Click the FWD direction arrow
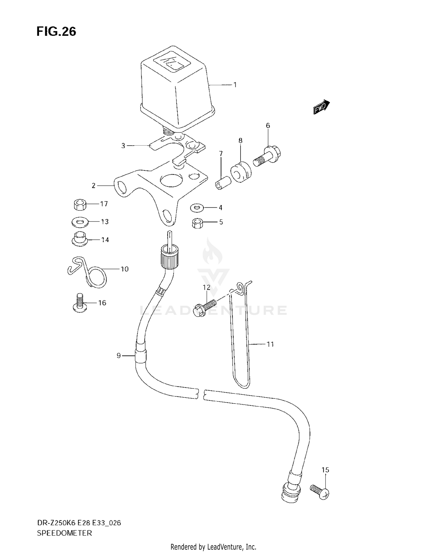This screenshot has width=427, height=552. point(321,107)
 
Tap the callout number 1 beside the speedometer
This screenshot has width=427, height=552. point(235,85)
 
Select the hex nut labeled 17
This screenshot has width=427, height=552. point(80,205)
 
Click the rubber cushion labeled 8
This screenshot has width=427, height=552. point(241,172)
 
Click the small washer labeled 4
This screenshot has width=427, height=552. point(197,208)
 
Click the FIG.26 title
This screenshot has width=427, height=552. point(56,31)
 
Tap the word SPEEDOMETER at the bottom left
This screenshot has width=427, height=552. point(64,533)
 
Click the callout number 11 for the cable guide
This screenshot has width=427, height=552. point(270,344)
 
